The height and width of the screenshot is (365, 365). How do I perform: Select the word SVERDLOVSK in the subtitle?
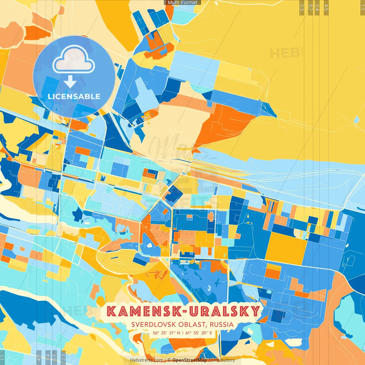coord(154,325)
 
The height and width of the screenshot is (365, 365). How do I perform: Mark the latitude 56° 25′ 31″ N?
coord(166,333)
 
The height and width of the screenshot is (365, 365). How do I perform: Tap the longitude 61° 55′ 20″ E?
coord(199,333)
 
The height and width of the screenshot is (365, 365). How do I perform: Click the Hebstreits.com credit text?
coord(147,360)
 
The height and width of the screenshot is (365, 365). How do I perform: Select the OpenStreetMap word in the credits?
coord(190,360)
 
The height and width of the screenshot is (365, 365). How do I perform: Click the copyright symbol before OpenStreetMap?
coord(169,360)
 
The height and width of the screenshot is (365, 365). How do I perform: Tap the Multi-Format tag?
coord(182,3)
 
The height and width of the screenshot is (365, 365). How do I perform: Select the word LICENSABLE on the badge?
coord(74,96)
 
